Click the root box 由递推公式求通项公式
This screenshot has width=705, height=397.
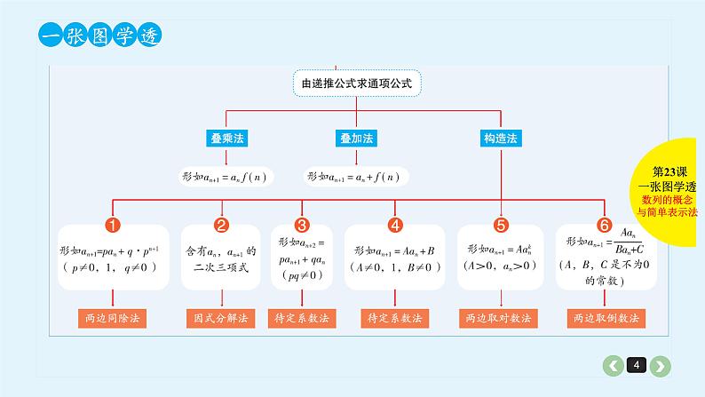(357, 83)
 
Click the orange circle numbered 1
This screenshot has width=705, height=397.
(113, 226)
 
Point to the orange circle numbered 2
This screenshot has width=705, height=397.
(222, 226)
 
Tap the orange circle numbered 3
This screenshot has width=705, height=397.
(302, 226)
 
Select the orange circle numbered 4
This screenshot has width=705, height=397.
(395, 226)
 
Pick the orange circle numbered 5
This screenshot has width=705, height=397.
(501, 226)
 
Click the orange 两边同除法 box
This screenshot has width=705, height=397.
(113, 317)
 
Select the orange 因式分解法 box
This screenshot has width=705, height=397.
(222, 317)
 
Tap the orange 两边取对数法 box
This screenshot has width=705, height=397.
(501, 317)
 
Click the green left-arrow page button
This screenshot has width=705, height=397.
(613, 365)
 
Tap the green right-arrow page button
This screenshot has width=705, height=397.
(661, 365)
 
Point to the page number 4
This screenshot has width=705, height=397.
(637, 365)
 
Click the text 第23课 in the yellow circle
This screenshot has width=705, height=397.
(670, 171)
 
